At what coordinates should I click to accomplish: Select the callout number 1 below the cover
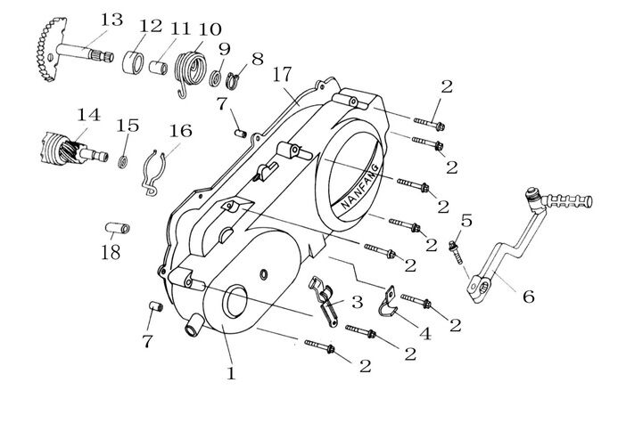231,373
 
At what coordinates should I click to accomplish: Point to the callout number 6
528,297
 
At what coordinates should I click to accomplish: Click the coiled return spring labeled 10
193,69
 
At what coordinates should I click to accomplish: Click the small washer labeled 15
125,159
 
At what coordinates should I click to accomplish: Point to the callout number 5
466,220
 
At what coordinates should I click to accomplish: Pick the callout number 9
224,48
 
